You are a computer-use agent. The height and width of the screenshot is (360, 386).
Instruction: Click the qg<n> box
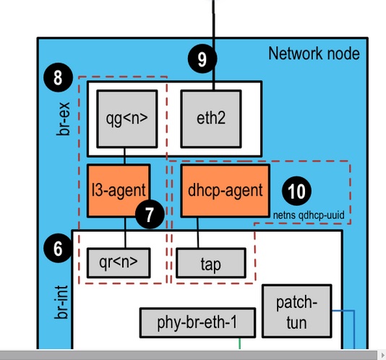[126, 117]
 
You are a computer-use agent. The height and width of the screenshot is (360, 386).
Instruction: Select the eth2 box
[210, 117]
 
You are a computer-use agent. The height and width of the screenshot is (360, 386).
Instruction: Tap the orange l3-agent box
[119, 190]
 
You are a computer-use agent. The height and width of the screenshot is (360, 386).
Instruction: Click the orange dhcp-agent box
[224, 190]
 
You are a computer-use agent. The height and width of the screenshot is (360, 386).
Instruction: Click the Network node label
[313, 53]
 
